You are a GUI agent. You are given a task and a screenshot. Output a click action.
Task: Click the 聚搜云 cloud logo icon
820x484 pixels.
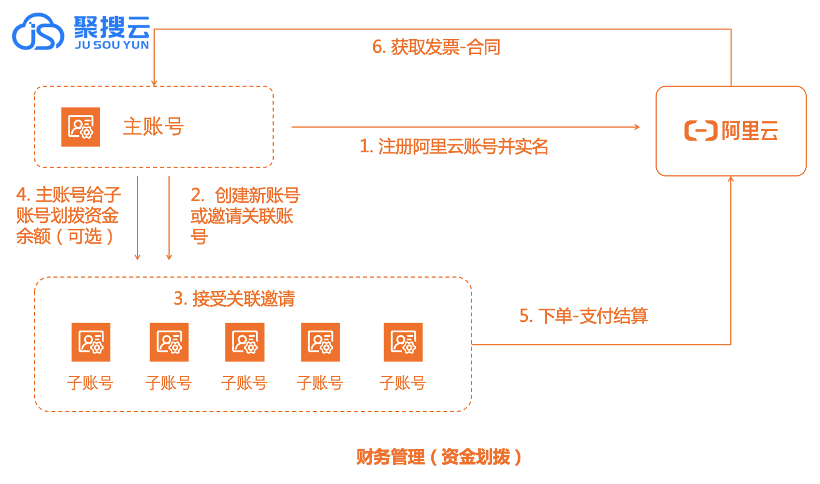click(38, 32)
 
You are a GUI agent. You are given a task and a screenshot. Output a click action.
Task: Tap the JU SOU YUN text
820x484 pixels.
click(112, 45)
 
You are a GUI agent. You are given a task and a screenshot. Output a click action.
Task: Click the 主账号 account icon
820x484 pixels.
click(81, 126)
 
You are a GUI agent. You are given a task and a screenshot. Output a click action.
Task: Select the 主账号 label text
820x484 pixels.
click(153, 126)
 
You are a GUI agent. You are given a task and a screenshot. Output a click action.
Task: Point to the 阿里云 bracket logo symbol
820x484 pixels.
click(700, 131)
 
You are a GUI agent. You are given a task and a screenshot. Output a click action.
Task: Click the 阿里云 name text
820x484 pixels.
click(750, 131)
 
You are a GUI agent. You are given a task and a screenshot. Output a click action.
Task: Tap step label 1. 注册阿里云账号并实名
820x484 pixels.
click(454, 147)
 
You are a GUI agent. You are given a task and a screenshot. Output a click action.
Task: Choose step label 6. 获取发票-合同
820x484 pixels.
click(436, 47)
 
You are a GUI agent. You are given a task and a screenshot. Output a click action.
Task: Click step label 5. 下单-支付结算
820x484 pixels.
click(584, 316)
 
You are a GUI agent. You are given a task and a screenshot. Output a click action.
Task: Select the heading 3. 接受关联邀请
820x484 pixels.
click(234, 299)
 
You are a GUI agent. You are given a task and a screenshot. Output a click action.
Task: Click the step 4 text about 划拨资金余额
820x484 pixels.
click(68, 216)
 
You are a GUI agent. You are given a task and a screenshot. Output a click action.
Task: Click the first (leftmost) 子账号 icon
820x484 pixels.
click(91, 342)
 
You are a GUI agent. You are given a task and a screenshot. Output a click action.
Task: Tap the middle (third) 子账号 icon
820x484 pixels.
click(245, 342)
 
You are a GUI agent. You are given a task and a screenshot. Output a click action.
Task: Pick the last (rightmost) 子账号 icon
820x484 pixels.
click(403, 342)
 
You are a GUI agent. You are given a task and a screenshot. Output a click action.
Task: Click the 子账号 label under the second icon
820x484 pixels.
click(168, 383)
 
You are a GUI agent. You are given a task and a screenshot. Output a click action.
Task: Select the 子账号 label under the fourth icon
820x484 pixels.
click(320, 383)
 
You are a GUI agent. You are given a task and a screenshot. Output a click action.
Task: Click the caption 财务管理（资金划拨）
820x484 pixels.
click(439, 457)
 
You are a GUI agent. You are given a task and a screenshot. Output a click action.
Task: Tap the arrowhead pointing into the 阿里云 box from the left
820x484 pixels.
click(637, 126)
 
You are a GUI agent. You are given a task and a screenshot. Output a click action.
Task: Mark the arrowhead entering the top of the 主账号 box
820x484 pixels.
click(154, 83)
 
